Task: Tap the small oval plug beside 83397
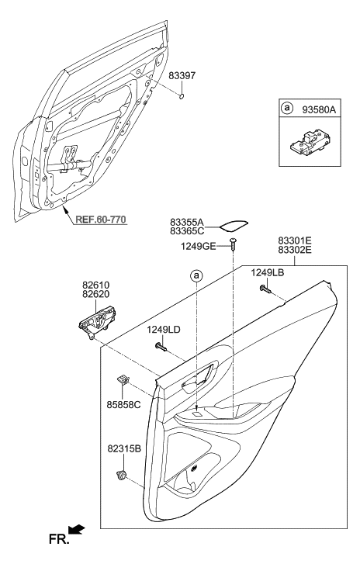tap(181, 97)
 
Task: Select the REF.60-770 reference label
tap(102, 219)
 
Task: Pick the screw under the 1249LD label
tap(161, 347)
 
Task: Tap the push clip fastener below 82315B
tap(121, 476)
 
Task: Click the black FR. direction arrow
tap(74, 530)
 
